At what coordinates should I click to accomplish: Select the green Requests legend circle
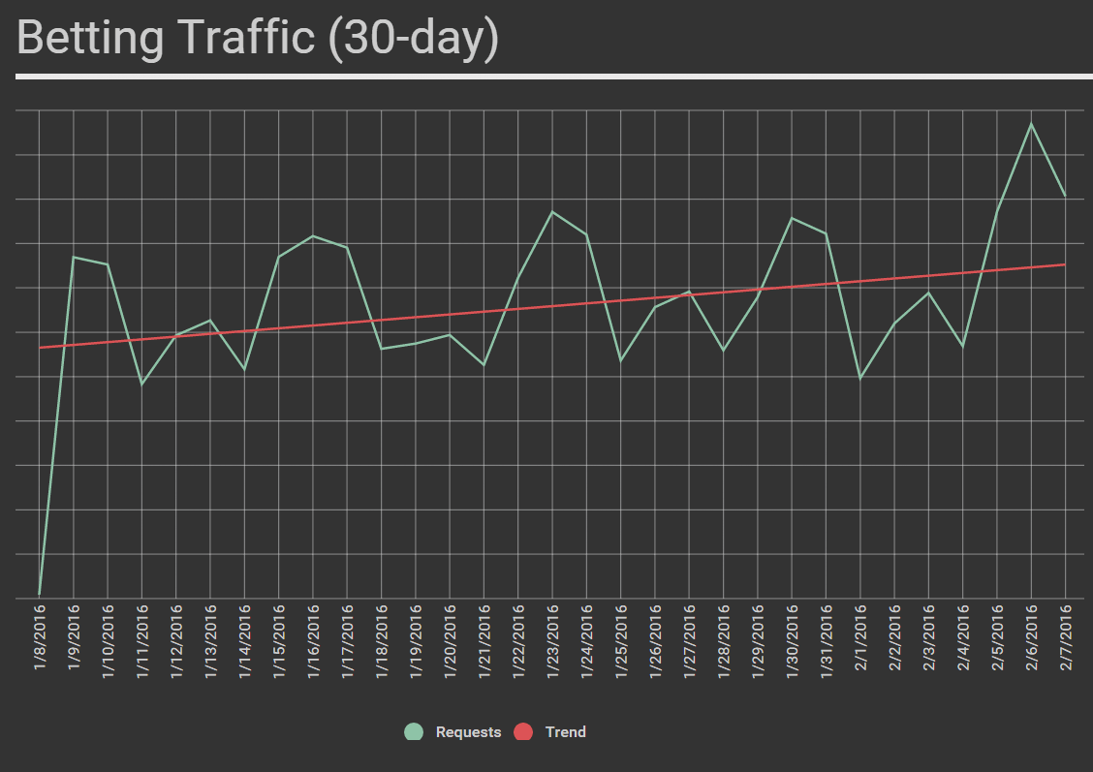tap(414, 732)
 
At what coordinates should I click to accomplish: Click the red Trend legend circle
tap(523, 732)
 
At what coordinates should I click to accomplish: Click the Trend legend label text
tap(565, 732)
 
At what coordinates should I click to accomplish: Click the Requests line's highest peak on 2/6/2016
tap(1031, 124)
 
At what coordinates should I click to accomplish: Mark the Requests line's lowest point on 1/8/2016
tap(40, 594)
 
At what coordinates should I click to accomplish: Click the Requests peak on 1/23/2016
tap(552, 211)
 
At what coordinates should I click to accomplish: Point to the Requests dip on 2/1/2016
tap(860, 379)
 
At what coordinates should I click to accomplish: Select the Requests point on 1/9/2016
tap(74, 257)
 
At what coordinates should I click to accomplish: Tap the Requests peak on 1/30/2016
tap(792, 218)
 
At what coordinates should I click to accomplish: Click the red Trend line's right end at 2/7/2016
tap(1065, 264)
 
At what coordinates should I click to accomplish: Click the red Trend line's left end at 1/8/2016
tap(40, 347)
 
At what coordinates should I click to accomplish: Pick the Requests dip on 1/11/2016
tap(142, 385)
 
